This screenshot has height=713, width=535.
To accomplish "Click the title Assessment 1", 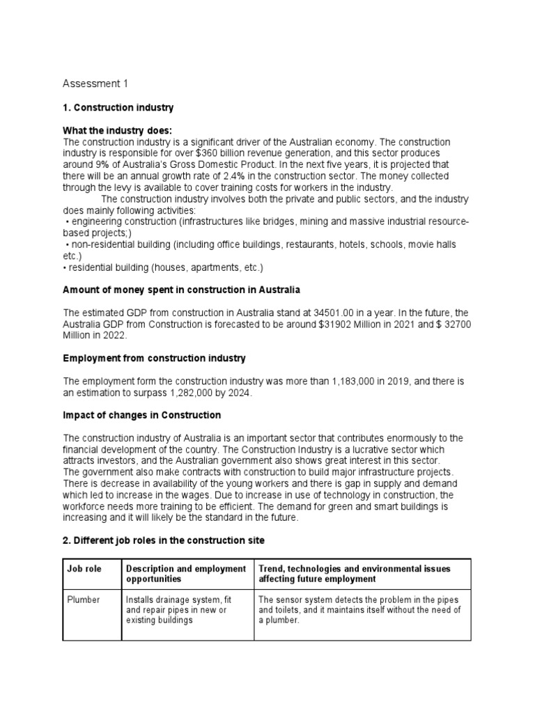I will [95, 84].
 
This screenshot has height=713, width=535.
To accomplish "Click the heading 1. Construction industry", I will [118, 108].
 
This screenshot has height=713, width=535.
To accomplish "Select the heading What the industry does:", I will [117, 131].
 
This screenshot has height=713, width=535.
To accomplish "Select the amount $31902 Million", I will [288, 323].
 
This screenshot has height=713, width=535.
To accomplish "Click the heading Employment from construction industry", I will [154, 358].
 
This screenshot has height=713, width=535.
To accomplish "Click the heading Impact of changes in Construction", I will [141, 415].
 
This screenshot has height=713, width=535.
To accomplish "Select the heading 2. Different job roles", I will [164, 540].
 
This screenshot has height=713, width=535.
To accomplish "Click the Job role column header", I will [84, 569].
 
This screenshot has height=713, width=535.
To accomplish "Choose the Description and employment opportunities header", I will [186, 574].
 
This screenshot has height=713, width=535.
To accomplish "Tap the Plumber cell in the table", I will [83, 600].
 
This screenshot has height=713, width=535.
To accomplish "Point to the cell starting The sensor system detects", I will [359, 610].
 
